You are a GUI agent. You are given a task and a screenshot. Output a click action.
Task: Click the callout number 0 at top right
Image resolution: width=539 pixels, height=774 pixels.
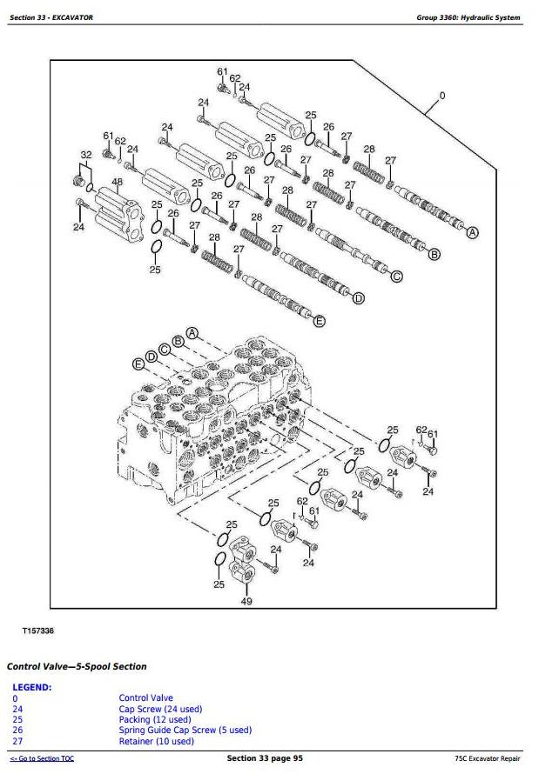tap(441, 96)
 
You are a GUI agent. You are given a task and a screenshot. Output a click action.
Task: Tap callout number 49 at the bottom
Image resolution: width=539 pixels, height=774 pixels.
tap(246, 601)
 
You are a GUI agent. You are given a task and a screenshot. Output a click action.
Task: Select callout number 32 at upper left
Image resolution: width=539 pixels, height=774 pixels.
tap(84, 155)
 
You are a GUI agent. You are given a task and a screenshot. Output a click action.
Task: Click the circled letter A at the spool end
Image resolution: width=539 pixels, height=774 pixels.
tap(473, 232)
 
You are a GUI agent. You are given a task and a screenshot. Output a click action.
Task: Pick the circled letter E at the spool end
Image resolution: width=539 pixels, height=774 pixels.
tap(319, 322)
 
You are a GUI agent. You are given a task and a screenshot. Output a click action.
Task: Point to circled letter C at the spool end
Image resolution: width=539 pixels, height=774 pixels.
tap(396, 277)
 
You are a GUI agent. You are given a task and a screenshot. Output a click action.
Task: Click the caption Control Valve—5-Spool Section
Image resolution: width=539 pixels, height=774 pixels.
tap(77, 666)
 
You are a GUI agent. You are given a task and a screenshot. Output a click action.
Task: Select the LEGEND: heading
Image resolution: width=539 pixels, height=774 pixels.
tap(32, 687)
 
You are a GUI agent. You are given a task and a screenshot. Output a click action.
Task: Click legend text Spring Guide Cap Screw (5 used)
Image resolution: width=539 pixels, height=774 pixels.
tap(185, 730)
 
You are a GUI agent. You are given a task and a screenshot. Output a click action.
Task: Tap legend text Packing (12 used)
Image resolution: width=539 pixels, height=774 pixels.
tap(155, 719)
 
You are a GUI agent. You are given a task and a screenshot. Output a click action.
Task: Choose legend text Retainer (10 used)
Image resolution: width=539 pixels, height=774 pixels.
tap(156, 741)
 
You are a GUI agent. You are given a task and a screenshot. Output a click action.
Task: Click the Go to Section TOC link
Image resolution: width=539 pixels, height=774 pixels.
tap(42, 759)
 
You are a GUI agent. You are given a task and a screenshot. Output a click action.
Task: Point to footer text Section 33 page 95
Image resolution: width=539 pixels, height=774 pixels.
tap(265, 758)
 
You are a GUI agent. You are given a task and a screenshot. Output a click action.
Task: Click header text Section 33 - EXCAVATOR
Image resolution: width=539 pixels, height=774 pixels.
tap(52, 17)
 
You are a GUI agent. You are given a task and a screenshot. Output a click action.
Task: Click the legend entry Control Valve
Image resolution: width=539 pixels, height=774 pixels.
tap(145, 697)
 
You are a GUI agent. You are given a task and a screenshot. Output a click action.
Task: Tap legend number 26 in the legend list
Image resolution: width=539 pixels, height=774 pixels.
tap(17, 730)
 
